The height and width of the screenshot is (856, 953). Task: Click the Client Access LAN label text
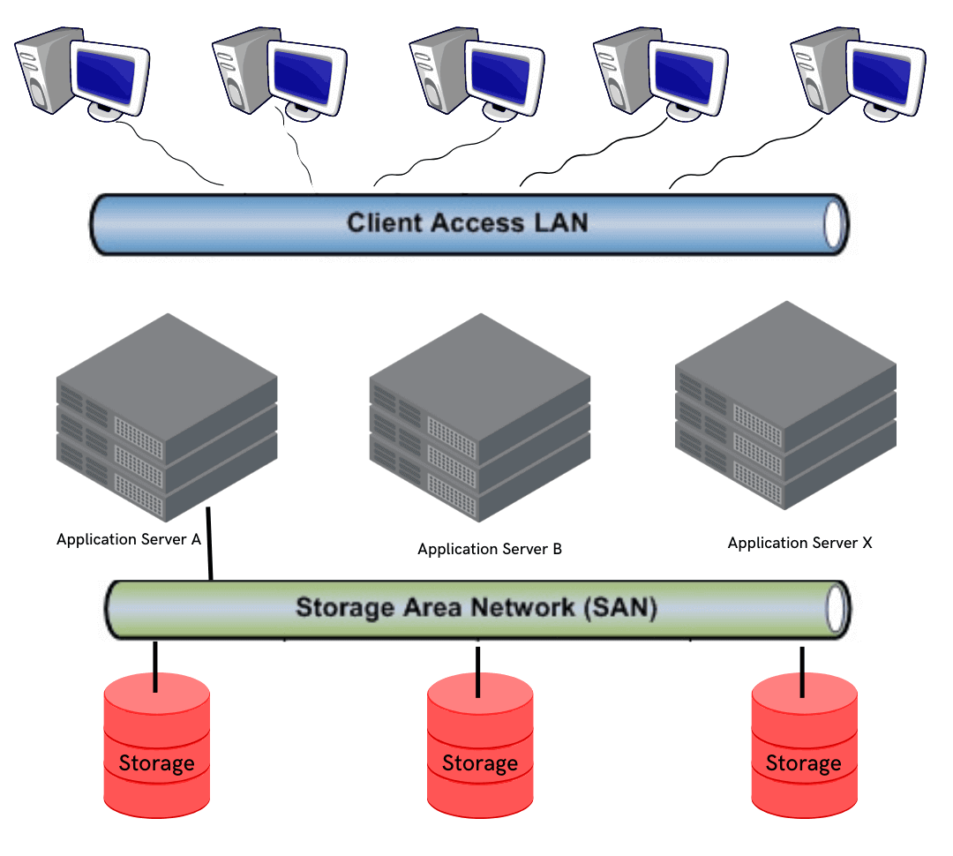click(467, 222)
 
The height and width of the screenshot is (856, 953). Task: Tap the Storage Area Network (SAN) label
click(476, 608)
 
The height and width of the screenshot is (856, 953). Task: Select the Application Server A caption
click(129, 539)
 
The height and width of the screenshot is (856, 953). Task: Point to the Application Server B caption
click(490, 549)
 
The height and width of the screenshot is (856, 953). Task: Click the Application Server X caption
click(799, 543)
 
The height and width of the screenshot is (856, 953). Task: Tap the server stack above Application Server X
click(785, 406)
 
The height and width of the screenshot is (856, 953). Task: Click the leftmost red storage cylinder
click(157, 746)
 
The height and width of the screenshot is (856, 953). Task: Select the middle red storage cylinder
click(480, 746)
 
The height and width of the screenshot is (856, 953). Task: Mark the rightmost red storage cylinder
click(804, 746)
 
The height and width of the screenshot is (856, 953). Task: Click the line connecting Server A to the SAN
click(209, 544)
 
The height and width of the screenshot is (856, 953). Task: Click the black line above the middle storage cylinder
click(477, 672)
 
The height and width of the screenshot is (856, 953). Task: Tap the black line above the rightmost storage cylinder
click(802, 672)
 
